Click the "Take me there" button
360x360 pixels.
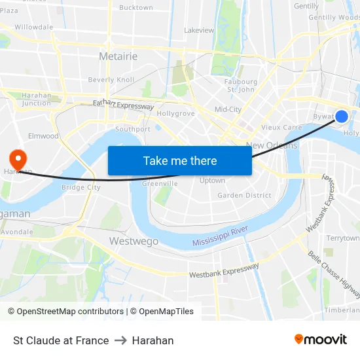pos(180,160)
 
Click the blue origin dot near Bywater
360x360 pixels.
pos(342,117)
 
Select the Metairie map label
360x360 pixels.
pos(118,56)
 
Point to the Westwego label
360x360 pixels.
pos(134,241)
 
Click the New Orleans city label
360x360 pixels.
pos(272,145)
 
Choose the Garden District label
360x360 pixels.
pos(244,195)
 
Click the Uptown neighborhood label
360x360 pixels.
pos(212,181)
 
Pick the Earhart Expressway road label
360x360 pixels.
pos(123,105)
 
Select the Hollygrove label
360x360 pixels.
pos(176,113)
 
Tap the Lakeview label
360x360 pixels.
pos(199,30)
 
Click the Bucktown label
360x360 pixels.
pos(135,8)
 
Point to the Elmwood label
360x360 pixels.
pos(43,136)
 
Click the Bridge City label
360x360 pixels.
pos(81,187)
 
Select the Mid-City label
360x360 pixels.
pos(228,109)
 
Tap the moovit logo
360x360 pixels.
pos(321,340)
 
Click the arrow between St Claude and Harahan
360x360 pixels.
pos(120,340)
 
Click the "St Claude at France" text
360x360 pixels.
pos(61,340)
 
